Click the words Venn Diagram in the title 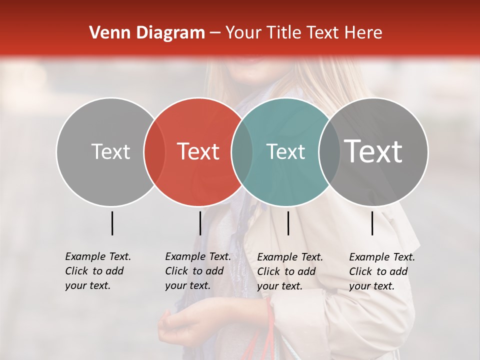point(147,33)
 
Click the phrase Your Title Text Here point(303,33)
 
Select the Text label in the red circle point(198,151)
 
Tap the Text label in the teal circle point(285,151)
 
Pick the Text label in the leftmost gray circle point(110,151)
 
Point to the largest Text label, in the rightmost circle point(373,151)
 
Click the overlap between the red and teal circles point(242,151)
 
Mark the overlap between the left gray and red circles point(154,151)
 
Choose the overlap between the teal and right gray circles point(329,151)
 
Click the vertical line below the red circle point(200,223)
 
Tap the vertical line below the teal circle point(288,223)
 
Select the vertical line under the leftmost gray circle point(112,223)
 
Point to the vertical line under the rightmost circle point(372,223)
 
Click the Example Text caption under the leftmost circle point(97,271)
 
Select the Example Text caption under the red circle point(197,271)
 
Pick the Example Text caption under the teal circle point(289,271)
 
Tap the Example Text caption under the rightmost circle point(381,271)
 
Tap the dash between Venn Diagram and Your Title point(214,33)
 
